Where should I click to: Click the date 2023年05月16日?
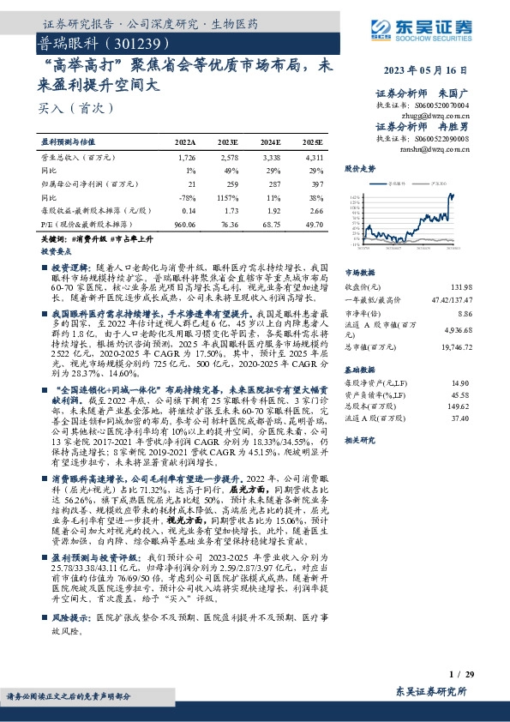(437, 70)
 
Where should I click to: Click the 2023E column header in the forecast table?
(227, 142)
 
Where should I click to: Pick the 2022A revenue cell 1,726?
(186, 158)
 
